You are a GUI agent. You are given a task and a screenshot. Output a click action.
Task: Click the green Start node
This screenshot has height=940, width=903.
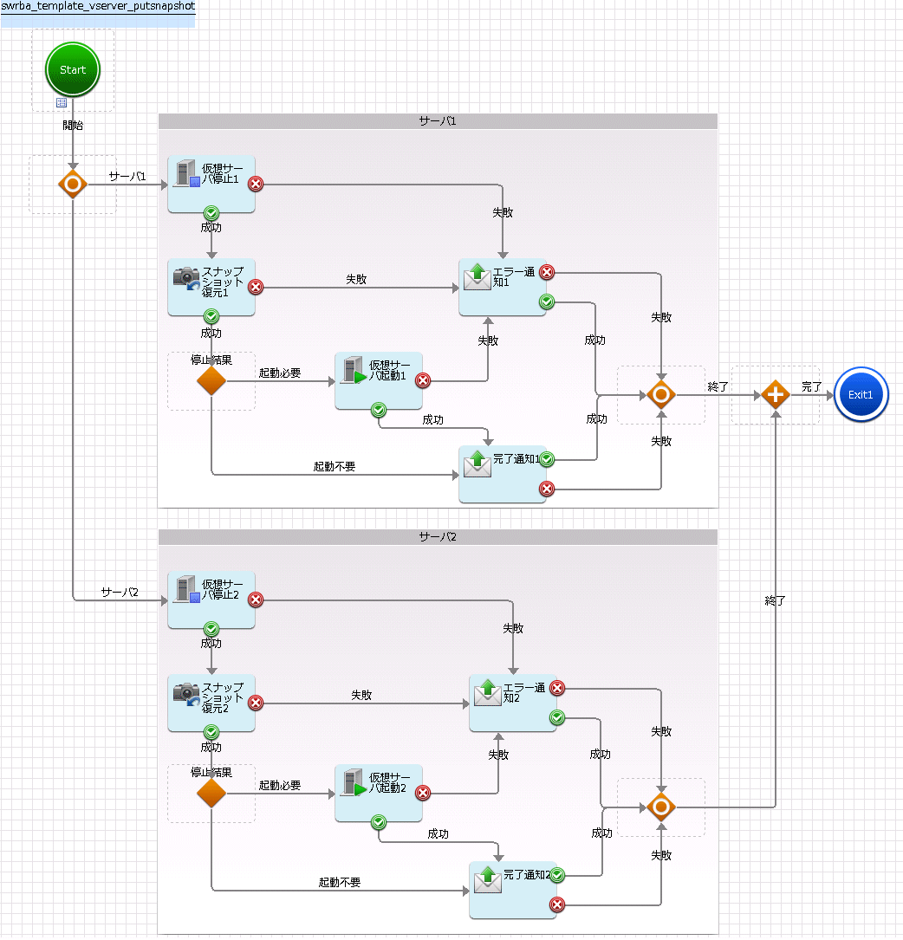[73, 69]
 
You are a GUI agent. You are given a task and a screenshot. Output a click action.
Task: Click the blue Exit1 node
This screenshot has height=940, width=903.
[861, 394]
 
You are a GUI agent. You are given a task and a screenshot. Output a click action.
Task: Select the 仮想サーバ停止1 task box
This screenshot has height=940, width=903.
[211, 184]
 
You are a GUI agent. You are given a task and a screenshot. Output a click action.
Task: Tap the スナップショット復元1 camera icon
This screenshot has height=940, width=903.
[186, 278]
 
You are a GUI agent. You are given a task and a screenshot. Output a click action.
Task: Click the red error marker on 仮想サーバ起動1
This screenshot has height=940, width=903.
[423, 380]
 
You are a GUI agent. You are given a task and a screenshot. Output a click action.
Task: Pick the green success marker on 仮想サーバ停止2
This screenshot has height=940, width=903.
[211, 629]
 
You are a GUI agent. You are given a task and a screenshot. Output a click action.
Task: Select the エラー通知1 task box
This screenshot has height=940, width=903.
[503, 287]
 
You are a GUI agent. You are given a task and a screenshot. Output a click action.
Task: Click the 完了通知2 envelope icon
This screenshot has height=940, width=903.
[488, 879]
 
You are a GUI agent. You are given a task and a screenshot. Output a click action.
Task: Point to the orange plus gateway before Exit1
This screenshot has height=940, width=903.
[776, 394]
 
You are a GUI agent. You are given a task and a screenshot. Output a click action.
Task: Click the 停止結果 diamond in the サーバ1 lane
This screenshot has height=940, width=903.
[211, 380]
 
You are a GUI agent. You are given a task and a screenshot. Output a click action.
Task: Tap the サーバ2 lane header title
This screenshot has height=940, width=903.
[438, 536]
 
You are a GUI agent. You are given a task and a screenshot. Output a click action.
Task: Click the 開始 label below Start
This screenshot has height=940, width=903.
[73, 125]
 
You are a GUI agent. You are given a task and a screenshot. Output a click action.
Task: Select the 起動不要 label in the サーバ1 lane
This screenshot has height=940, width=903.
[335, 466]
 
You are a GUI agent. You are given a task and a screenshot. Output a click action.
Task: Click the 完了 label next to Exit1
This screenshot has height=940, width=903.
[811, 386]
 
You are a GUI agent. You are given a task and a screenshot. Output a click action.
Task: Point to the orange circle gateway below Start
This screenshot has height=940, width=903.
[73, 184]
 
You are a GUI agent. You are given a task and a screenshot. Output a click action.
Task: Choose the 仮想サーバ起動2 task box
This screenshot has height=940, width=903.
[379, 793]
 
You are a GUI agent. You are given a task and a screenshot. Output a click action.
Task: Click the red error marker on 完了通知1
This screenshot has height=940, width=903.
[546, 489]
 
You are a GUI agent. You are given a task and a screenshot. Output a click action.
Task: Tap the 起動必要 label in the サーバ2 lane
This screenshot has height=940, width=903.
[280, 785]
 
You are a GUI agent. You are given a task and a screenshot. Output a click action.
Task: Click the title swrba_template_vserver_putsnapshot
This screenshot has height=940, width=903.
[98, 6]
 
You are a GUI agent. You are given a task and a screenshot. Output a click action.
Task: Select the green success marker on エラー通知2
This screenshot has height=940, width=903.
[557, 717]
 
